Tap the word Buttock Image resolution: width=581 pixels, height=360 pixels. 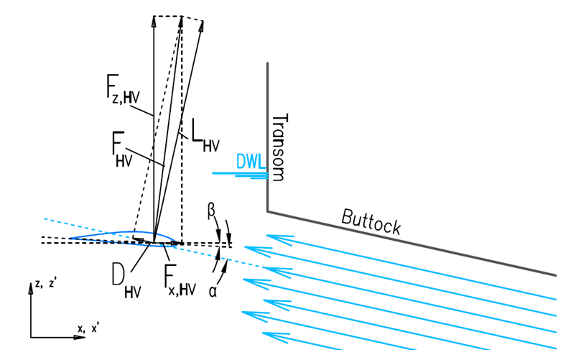(x=371, y=221)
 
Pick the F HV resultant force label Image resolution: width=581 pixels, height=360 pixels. (x=122, y=149)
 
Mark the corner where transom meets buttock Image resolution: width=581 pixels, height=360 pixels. (x=268, y=211)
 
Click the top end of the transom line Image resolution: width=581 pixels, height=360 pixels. (x=268, y=63)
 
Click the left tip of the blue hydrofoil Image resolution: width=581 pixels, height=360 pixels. (x=70, y=238)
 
